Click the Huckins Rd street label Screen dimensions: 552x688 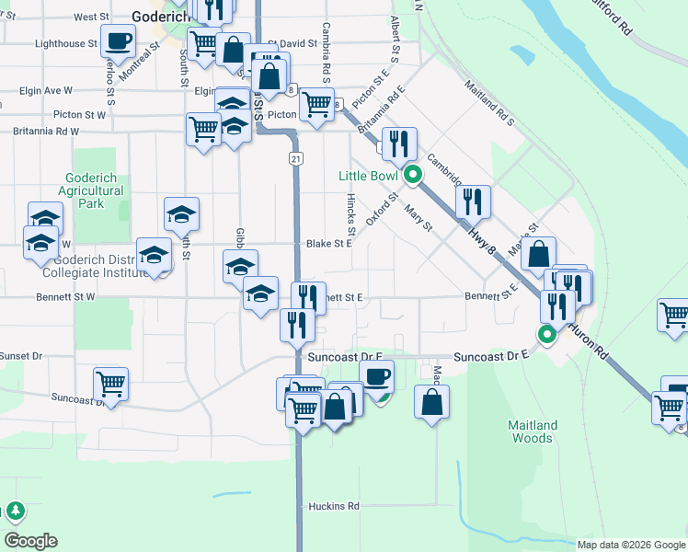328,506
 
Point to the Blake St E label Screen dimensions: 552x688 329,244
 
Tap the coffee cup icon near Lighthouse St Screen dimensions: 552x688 119,41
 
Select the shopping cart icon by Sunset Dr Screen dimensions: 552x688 110,383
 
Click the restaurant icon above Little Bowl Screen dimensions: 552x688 399,144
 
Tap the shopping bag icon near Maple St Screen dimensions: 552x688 538,254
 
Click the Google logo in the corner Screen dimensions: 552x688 30,541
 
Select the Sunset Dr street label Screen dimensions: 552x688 21,355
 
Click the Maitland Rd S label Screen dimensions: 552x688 488,101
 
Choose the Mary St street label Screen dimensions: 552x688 419,218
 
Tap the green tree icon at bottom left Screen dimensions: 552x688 15,511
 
